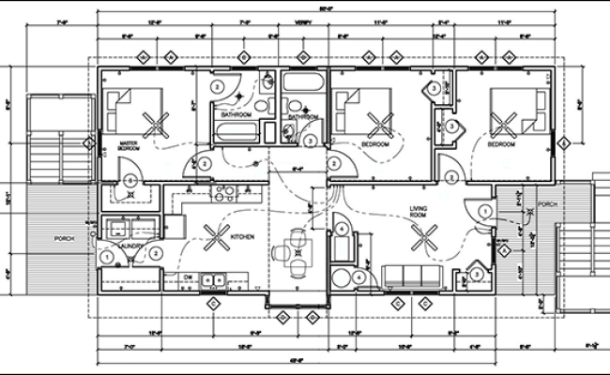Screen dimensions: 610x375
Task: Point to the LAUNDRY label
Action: [130, 247]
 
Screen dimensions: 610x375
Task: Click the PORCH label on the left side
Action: [64, 238]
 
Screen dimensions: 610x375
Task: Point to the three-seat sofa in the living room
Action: [413, 275]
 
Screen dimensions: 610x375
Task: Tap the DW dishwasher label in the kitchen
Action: [189, 277]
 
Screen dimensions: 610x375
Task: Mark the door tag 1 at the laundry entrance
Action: [109, 255]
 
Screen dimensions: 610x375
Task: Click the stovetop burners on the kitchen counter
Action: [226, 194]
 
